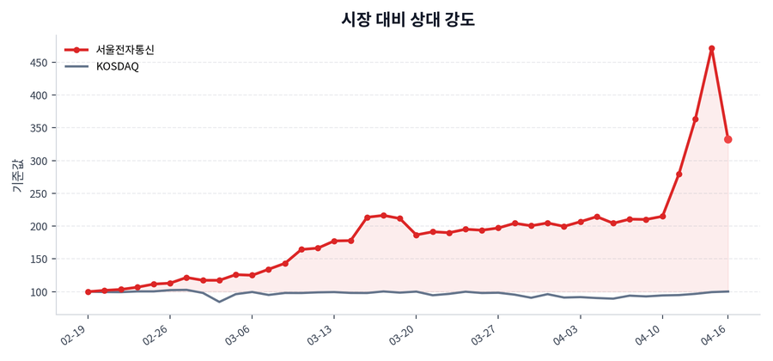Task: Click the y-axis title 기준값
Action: pyautogui.click(x=16, y=176)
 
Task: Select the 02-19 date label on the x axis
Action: pyautogui.click(x=74, y=335)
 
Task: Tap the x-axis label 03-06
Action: pyautogui.click(x=238, y=335)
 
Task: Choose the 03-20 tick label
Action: pyautogui.click(x=402, y=335)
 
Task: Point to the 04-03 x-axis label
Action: pyautogui.click(x=566, y=335)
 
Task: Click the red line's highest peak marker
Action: pyautogui.click(x=712, y=48)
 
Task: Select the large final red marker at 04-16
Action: pyautogui.click(x=728, y=139)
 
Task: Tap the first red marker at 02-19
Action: pyautogui.click(x=88, y=292)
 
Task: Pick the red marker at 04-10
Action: pyautogui.click(x=662, y=216)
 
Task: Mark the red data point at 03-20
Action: pyautogui.click(x=417, y=235)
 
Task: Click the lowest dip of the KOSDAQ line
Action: pyautogui.click(x=219, y=302)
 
